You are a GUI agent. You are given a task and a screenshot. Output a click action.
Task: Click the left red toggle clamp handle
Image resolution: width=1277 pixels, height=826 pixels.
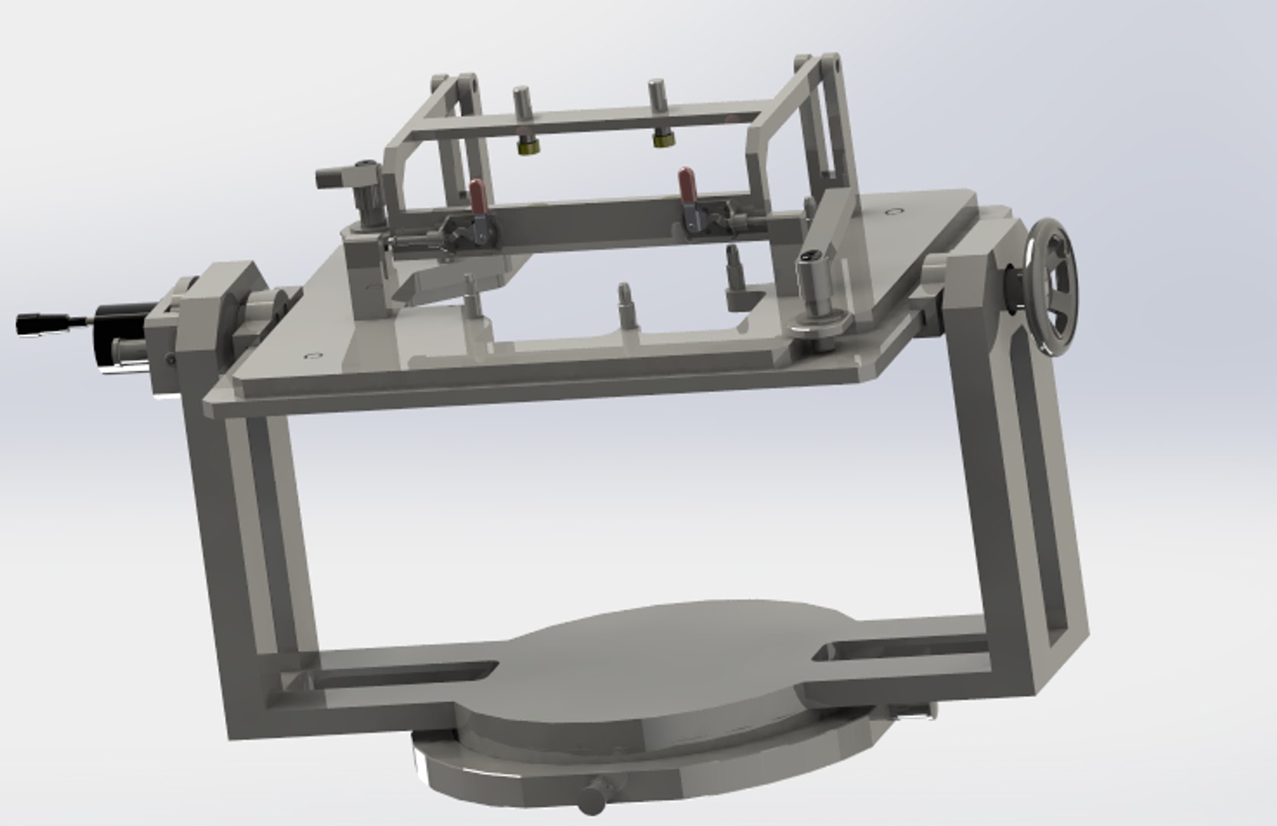[x=478, y=196]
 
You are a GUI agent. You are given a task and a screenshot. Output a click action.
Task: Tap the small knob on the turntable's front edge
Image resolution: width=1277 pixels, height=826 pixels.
[x=591, y=798]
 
